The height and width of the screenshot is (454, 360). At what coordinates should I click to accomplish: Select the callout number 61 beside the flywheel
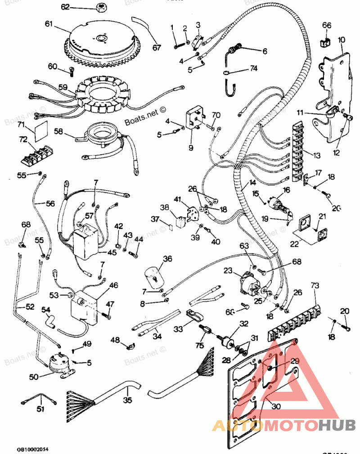point(49,24)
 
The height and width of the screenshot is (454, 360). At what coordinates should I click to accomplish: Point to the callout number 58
point(58,132)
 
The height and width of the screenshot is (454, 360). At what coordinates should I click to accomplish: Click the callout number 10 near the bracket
point(342,40)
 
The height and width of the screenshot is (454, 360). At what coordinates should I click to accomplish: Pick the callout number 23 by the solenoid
point(228,271)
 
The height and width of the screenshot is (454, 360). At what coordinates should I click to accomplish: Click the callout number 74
point(254,69)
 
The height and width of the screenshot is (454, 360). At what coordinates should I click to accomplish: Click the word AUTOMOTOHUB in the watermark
point(283,425)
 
